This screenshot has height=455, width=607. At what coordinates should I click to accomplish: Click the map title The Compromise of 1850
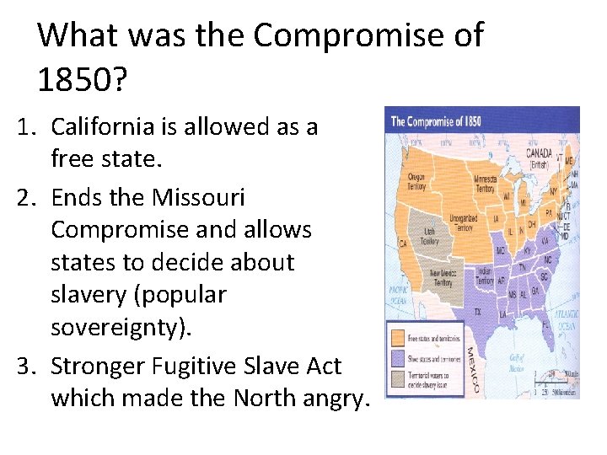coord(436,120)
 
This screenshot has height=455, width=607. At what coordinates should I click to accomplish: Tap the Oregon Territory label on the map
coord(417,181)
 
